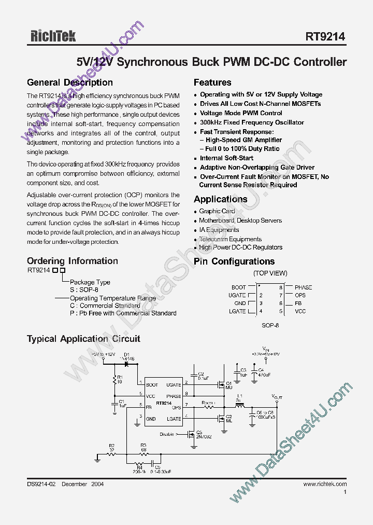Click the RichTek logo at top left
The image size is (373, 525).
tap(51, 36)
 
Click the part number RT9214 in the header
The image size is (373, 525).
tap(325, 36)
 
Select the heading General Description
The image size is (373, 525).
tap(69, 82)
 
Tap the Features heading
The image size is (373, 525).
tap(212, 82)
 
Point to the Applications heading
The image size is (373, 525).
tap(220, 199)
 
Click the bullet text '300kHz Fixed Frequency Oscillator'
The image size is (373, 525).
tap(252, 122)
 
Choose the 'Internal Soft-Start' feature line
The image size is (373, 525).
tap(226, 158)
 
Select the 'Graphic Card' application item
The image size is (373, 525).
tap(217, 212)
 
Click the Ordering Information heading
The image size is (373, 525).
tap(72, 261)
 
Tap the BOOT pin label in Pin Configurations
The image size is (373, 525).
tap(238, 287)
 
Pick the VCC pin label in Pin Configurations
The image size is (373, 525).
tap(300, 311)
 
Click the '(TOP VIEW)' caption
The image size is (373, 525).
tap(270, 273)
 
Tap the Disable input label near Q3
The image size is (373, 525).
tap(167, 434)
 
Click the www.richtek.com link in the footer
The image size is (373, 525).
tap(325, 484)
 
